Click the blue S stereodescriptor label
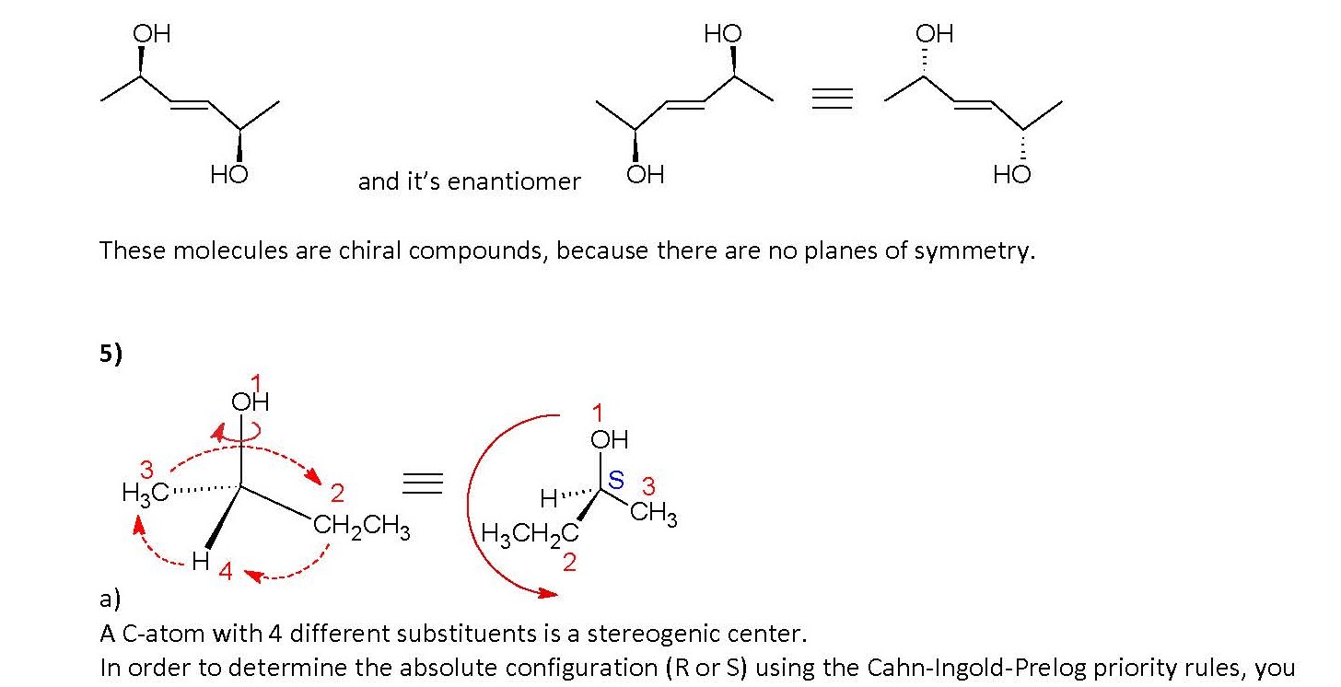[x=616, y=480]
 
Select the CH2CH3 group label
[x=361, y=530]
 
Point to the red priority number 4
[x=225, y=573]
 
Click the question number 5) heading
[x=111, y=355]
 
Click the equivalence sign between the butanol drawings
[x=425, y=483]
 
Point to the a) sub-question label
[x=110, y=600]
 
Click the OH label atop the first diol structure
[x=152, y=35]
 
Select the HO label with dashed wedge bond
[x=1012, y=174]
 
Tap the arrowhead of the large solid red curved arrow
[x=549, y=595]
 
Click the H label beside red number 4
[x=201, y=563]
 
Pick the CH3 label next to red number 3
[x=654, y=512]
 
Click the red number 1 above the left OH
[x=256, y=382]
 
